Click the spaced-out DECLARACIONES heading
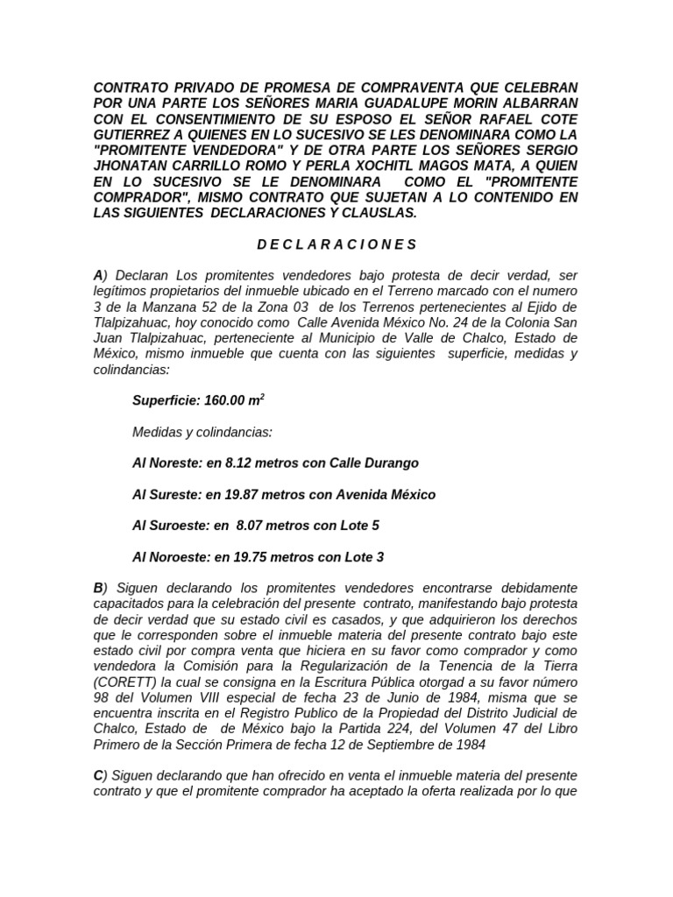[x=336, y=244]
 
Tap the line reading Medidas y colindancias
[x=202, y=432]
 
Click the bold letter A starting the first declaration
[x=98, y=275]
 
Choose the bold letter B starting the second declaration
[x=98, y=587]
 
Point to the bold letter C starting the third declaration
[x=98, y=775]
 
